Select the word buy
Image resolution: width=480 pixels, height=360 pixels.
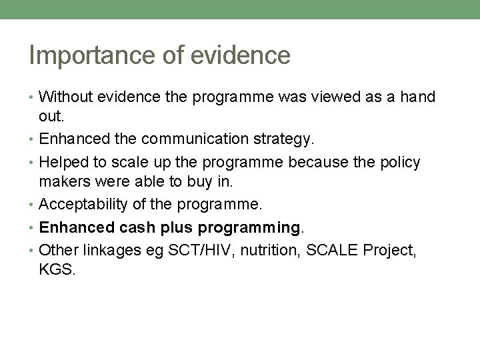pyautogui.click(x=201, y=183)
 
